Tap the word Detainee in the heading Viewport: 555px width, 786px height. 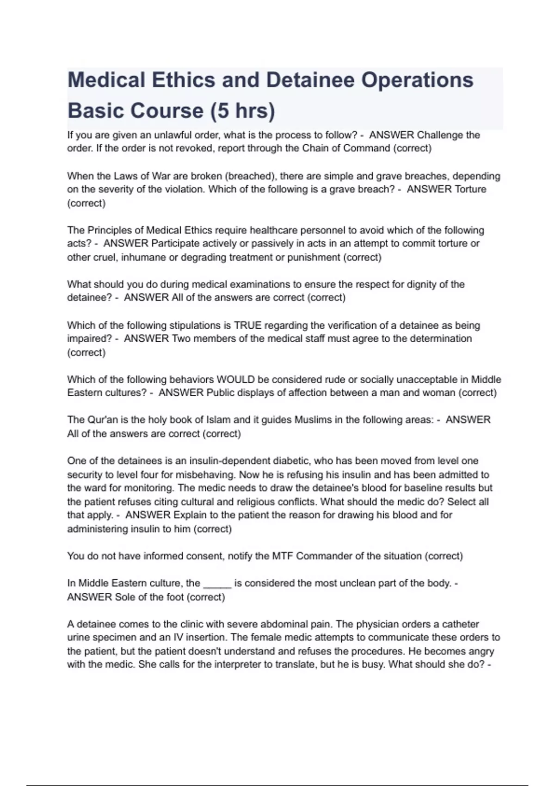click(x=309, y=80)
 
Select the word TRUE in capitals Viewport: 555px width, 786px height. click(x=248, y=325)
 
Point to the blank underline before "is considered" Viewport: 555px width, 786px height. click(x=217, y=583)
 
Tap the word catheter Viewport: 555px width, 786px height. click(x=461, y=624)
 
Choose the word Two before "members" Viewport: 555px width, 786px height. click(x=181, y=338)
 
